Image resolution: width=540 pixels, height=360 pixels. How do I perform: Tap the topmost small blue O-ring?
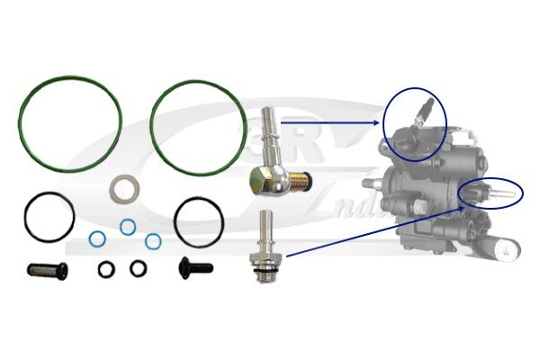[x=128, y=225]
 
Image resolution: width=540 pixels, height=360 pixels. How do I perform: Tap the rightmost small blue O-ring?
[x=154, y=240]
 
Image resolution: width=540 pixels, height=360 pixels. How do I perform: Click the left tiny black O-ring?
[x=106, y=267]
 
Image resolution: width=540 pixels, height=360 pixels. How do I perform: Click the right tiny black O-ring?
[x=138, y=267]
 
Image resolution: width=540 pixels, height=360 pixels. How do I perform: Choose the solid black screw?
[x=195, y=266]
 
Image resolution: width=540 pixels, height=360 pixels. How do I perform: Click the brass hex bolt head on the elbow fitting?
[x=260, y=182]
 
